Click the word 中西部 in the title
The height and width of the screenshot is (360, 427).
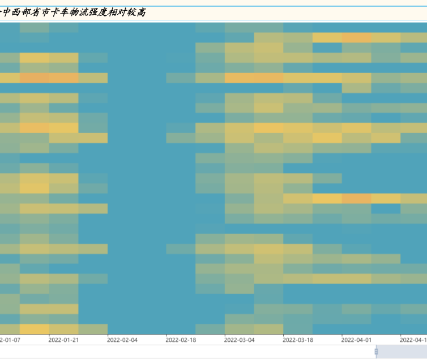pos(16,12)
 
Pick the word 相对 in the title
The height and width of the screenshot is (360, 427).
pos(125,12)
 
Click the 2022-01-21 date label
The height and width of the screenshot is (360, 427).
pos(63,340)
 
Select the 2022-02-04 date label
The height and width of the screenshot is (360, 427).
pos(122,340)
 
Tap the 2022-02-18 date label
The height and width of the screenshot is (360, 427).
pos(181,340)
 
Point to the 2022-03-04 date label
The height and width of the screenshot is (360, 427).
pos(240,340)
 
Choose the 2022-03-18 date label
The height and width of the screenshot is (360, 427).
pos(298,340)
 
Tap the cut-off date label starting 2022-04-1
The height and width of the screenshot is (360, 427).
pos(413,340)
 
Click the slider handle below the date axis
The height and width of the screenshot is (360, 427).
pos(376,352)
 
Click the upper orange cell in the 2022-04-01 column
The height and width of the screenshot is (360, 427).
pos(356,37)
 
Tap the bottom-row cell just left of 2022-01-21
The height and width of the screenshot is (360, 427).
pos(34,329)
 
